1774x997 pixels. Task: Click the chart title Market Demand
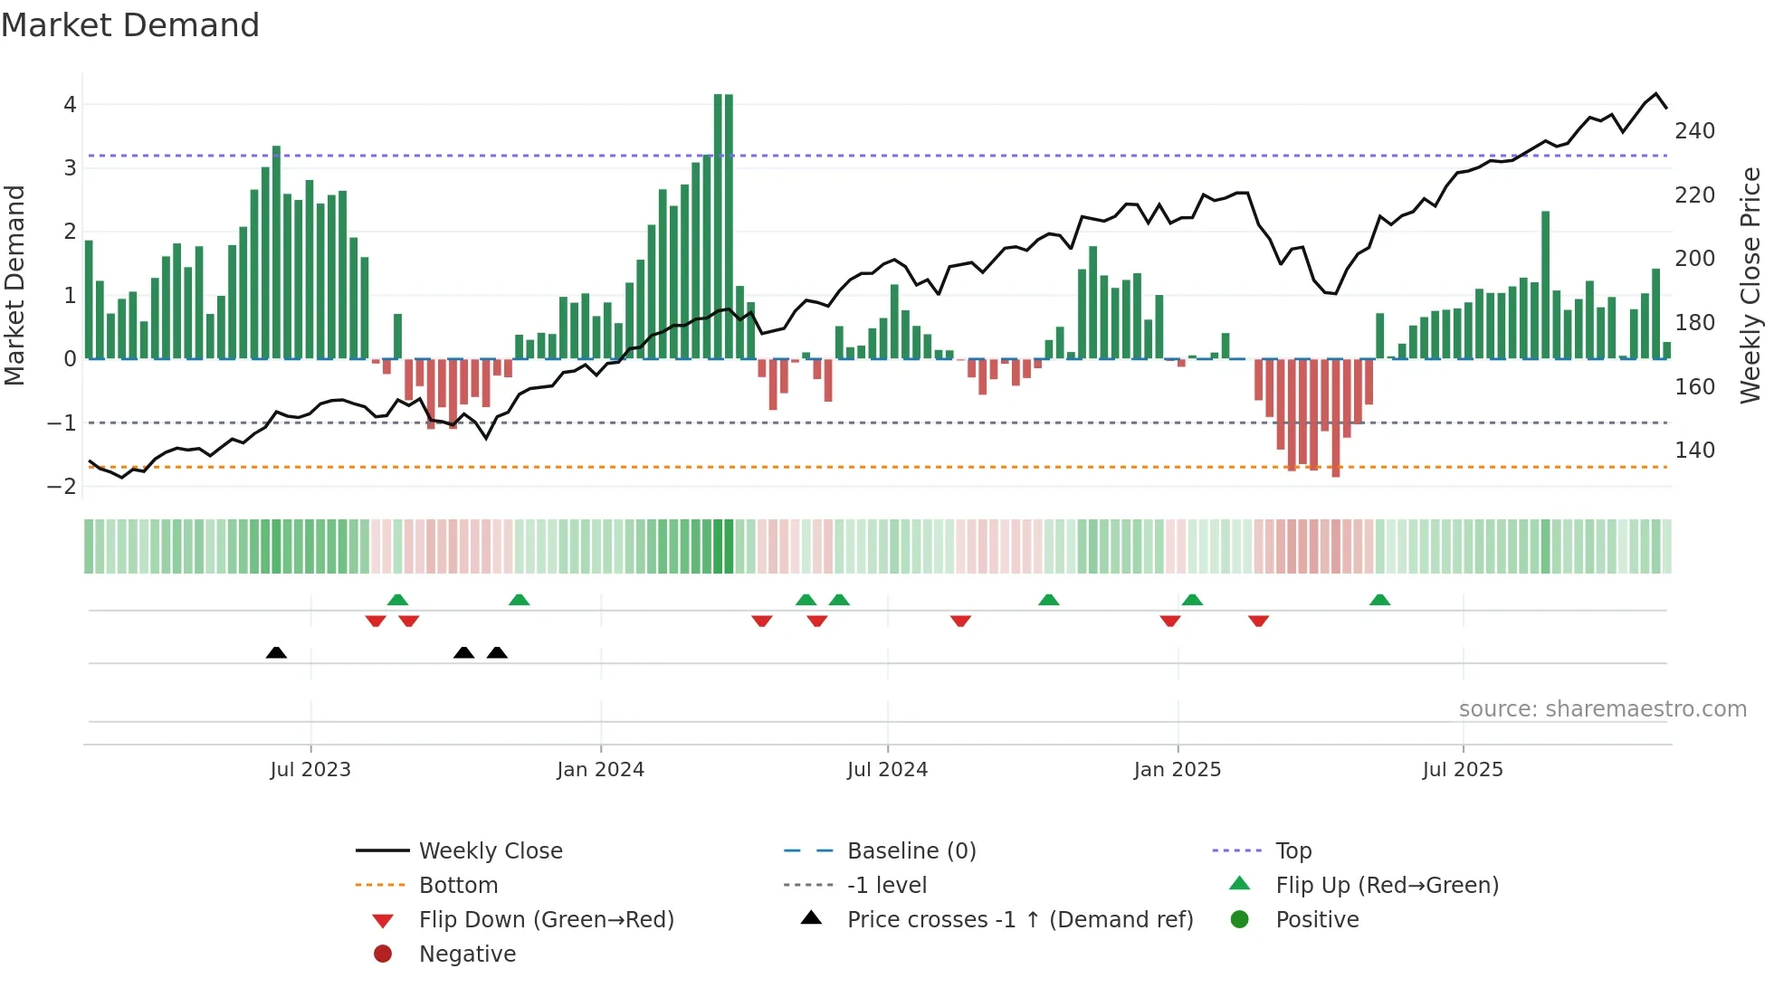tap(130, 25)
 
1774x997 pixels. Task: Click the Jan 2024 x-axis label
tap(600, 770)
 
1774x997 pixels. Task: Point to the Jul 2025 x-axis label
tap(1462, 770)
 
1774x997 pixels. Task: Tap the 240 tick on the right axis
tap(1694, 131)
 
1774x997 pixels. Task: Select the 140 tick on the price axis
tap(1694, 451)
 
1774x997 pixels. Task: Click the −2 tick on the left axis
tap(62, 487)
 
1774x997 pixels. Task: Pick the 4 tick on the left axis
tap(70, 105)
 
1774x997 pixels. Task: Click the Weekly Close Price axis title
tap(1750, 285)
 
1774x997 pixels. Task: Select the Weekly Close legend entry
tap(490, 851)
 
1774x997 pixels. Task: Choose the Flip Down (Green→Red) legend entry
tap(546, 920)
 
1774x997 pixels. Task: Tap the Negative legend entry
tap(467, 954)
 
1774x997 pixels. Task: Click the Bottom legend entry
tap(458, 886)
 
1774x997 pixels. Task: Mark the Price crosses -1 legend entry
tap(1019, 920)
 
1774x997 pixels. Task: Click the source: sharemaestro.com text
tap(1602, 709)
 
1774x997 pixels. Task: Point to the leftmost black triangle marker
tap(276, 653)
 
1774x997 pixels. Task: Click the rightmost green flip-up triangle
tap(1379, 600)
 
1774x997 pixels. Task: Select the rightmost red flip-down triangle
tap(1258, 621)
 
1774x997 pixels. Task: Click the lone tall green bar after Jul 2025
tap(1545, 285)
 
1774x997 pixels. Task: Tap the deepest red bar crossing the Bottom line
tap(1335, 416)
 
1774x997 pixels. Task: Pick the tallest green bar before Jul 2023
tap(276, 252)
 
